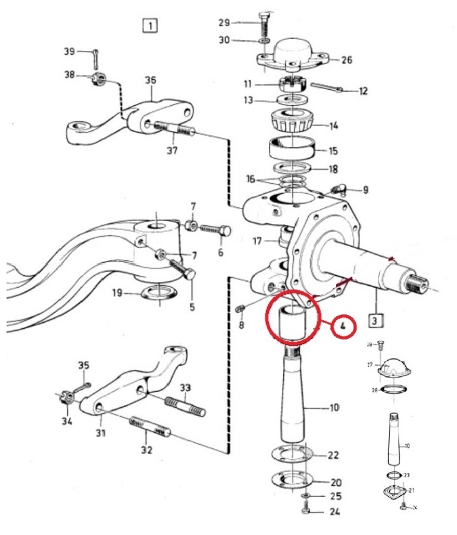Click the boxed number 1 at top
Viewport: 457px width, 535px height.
click(x=149, y=26)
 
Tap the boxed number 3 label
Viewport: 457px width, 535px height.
click(x=375, y=320)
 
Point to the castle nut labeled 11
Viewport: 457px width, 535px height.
click(x=292, y=84)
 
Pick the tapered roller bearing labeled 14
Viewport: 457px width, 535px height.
click(x=292, y=122)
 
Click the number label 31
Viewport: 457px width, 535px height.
click(x=100, y=433)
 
